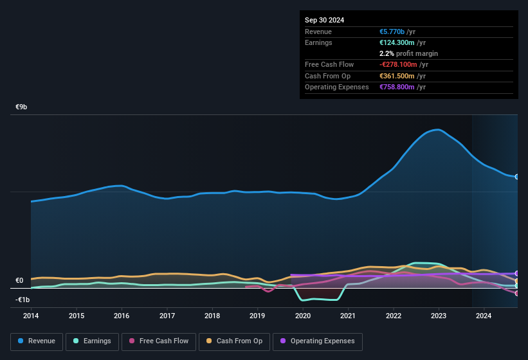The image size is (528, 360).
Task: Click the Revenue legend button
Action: (x=37, y=341)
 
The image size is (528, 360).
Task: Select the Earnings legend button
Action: (x=93, y=341)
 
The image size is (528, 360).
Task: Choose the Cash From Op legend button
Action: (x=234, y=341)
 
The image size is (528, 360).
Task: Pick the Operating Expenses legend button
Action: (x=318, y=341)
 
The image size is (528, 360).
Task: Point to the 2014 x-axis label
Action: (x=31, y=316)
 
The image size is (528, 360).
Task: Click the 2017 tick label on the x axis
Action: (x=167, y=316)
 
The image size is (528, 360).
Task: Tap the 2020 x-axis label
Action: (x=303, y=316)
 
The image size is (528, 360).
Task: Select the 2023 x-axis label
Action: (x=439, y=316)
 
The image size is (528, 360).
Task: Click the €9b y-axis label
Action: (x=22, y=107)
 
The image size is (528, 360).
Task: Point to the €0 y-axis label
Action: (x=19, y=281)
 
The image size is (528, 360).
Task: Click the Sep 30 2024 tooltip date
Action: (x=324, y=20)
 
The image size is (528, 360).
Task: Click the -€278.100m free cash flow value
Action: (x=399, y=64)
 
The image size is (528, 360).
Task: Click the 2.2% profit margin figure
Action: (x=387, y=53)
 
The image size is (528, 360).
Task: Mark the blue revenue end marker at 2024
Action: (x=516, y=176)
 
